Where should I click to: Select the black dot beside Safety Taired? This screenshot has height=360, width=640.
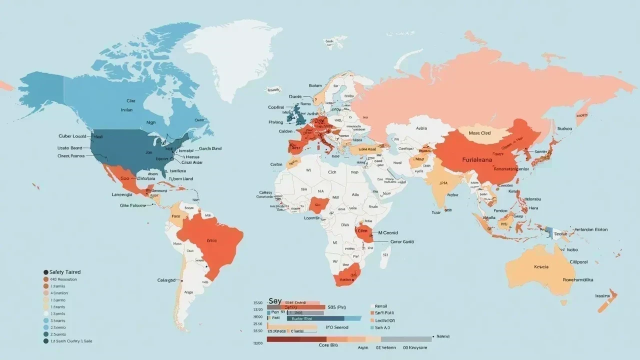click(x=46, y=272)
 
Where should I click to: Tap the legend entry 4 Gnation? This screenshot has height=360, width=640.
click(x=59, y=293)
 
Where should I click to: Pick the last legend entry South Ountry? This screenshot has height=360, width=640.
click(x=70, y=341)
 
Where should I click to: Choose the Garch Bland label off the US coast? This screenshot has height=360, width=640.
click(x=210, y=148)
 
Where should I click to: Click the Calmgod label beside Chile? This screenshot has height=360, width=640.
click(x=167, y=280)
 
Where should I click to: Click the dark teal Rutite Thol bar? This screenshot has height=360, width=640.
click(x=315, y=318)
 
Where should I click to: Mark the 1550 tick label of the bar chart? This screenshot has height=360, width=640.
click(x=257, y=303)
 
